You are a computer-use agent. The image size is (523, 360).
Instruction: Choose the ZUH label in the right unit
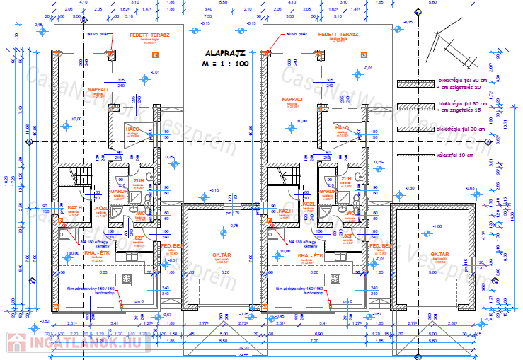click(x=346, y=179)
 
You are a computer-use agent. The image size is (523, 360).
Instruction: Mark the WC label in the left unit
click(x=142, y=211)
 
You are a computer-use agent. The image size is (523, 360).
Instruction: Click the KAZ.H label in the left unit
click(x=76, y=209)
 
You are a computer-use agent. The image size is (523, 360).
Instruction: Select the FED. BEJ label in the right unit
click(x=377, y=245)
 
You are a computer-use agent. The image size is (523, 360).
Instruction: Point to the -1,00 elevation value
click(x=437, y=226)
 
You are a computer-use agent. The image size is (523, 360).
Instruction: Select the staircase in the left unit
click(x=74, y=175)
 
